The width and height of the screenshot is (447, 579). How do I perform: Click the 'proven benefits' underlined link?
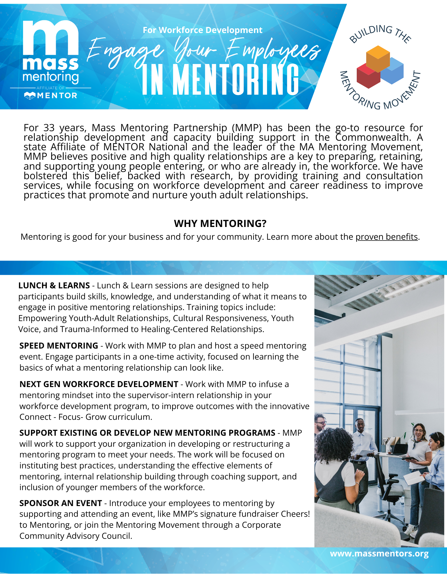coord(387,237)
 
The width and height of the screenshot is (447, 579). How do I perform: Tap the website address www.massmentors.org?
coord(379,554)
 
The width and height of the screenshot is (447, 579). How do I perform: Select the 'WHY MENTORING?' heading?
coord(220,223)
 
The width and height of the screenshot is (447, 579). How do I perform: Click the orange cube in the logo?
coord(378,58)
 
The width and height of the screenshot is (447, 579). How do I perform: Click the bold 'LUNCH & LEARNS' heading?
coord(54,285)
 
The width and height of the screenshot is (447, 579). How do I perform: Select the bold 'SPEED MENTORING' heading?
coord(59,346)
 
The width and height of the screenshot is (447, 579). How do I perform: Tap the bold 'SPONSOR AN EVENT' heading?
coord(60,503)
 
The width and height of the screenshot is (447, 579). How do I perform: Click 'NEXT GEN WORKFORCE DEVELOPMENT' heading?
coord(99,384)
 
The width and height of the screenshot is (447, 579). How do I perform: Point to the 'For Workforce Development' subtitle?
coord(203,30)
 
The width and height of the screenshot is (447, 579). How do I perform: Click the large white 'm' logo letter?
coord(51,38)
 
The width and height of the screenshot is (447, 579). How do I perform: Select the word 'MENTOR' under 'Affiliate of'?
coord(57,96)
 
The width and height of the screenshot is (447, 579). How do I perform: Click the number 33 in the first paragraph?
coord(49,128)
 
